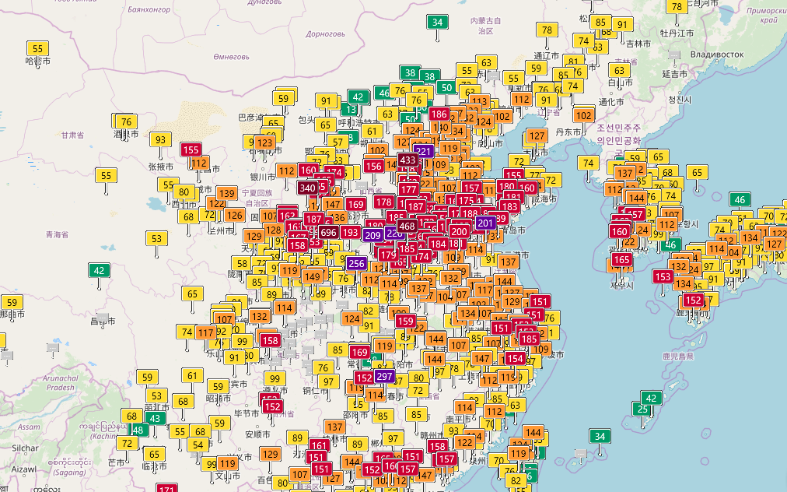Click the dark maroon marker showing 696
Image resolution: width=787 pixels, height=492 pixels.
click(327, 232)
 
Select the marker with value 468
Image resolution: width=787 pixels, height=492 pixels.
click(406, 226)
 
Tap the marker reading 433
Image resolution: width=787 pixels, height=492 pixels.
click(407, 160)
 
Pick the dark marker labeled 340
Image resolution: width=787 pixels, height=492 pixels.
click(307, 188)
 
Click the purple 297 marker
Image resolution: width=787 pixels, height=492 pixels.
click(384, 376)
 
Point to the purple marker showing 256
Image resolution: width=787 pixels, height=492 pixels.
click(356, 263)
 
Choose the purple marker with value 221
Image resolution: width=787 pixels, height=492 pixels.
click(423, 150)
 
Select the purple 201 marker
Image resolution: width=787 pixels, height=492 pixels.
click(486, 223)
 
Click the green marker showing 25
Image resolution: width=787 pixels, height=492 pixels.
click(642, 409)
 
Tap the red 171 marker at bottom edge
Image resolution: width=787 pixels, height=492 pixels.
click(167, 488)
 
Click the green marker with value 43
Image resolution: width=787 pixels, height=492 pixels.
click(156, 418)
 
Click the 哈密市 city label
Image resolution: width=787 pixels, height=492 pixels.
click(37, 61)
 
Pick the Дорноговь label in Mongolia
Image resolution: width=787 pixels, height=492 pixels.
click(325, 34)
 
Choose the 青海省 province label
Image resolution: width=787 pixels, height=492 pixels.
click(57, 234)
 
